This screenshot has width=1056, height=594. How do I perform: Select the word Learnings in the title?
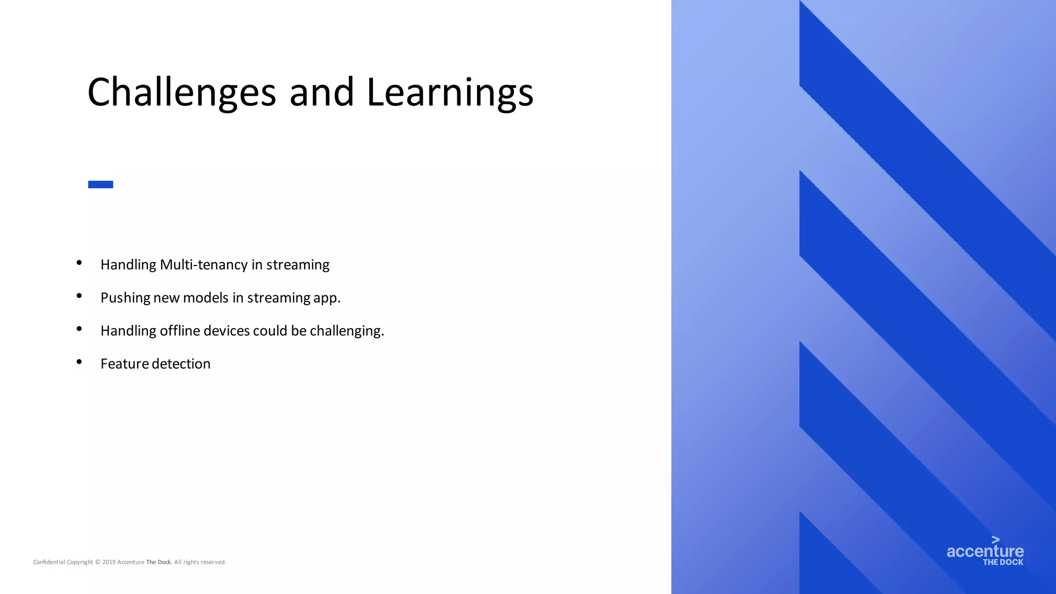450,93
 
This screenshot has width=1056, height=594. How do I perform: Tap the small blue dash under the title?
101,185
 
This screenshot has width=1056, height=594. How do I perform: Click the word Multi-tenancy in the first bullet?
204,265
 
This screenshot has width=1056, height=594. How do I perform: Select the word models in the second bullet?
206,298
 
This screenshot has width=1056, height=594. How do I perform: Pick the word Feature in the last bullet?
125,364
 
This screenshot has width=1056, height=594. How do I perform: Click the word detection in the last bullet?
181,364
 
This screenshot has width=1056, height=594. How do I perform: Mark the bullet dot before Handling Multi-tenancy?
79,263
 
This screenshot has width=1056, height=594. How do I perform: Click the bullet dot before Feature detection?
79,362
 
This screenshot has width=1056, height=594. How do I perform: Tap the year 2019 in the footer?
109,562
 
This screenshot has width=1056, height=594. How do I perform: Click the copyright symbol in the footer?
97,562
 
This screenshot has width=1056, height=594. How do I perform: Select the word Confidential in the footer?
49,562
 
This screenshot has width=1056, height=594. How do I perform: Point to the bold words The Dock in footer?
158,562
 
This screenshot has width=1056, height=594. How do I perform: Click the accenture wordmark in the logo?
985,551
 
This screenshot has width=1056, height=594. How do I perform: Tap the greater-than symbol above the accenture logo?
995,540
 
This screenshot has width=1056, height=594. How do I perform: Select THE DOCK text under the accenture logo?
1003,562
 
